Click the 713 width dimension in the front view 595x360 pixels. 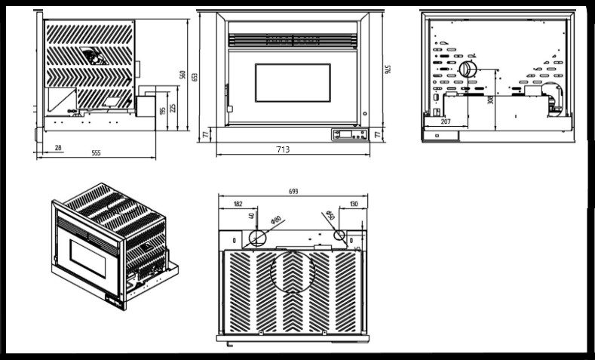[283, 149]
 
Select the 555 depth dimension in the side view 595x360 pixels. [96, 153]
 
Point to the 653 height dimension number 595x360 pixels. [195, 76]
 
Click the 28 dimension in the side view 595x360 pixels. [58, 148]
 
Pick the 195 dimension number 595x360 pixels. [161, 110]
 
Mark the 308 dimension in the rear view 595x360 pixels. [490, 99]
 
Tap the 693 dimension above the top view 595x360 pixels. [293, 192]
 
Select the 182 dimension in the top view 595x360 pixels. [238, 204]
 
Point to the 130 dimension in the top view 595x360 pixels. [354, 204]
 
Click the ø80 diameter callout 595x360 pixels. [276, 220]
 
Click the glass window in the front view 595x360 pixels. [293, 83]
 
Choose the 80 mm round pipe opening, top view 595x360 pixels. [258, 238]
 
